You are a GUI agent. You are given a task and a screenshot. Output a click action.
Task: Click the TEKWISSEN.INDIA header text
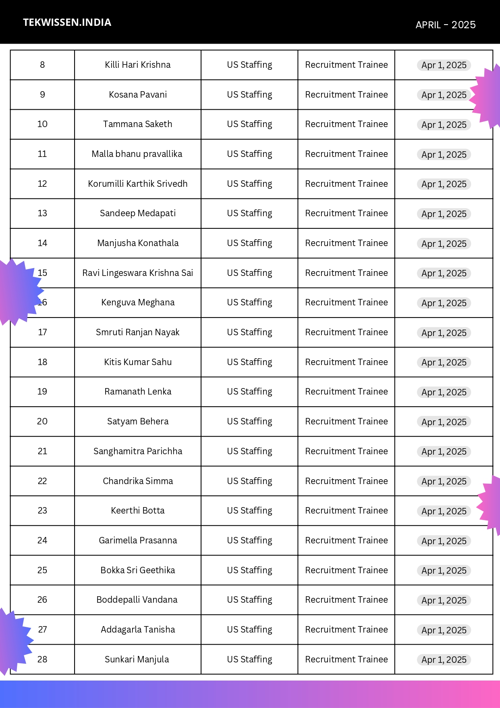pyautogui.click(x=67, y=23)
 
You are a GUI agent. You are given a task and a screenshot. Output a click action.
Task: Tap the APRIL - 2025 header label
pyautogui.click(x=445, y=25)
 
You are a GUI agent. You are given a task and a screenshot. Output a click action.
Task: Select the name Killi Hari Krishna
pyautogui.click(x=137, y=65)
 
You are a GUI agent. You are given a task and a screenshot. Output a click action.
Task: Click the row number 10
pyautogui.click(x=42, y=124)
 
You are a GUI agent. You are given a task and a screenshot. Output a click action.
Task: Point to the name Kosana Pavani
pyautogui.click(x=137, y=95)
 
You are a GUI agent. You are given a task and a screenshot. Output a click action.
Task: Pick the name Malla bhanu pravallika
pyautogui.click(x=137, y=154)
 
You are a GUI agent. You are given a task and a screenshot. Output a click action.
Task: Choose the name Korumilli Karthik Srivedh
pyautogui.click(x=137, y=184)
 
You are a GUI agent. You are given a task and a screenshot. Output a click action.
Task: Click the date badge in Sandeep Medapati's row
pyautogui.click(x=444, y=214)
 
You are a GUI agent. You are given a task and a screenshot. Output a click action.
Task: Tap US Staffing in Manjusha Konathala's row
pyautogui.click(x=249, y=243)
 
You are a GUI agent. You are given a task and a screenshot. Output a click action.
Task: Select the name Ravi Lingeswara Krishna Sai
pyautogui.click(x=137, y=273)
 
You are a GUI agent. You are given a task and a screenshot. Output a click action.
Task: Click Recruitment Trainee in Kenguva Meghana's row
pyautogui.click(x=346, y=303)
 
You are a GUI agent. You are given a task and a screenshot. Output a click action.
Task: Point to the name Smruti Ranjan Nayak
pyautogui.click(x=137, y=332)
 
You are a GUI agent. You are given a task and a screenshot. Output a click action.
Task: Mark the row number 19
pyautogui.click(x=42, y=392)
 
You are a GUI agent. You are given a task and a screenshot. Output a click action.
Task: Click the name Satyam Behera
pyautogui.click(x=137, y=422)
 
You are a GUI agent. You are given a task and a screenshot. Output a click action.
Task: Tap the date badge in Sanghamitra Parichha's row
pyautogui.click(x=444, y=451)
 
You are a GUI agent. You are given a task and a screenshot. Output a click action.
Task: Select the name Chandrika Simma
pyautogui.click(x=137, y=481)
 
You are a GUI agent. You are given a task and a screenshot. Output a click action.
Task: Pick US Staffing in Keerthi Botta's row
pyautogui.click(x=249, y=511)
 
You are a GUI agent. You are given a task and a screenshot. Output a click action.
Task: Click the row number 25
pyautogui.click(x=42, y=570)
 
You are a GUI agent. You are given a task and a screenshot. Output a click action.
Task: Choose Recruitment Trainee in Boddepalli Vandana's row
pyautogui.click(x=346, y=600)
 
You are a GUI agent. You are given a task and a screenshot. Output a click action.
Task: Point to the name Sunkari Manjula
pyautogui.click(x=137, y=660)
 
